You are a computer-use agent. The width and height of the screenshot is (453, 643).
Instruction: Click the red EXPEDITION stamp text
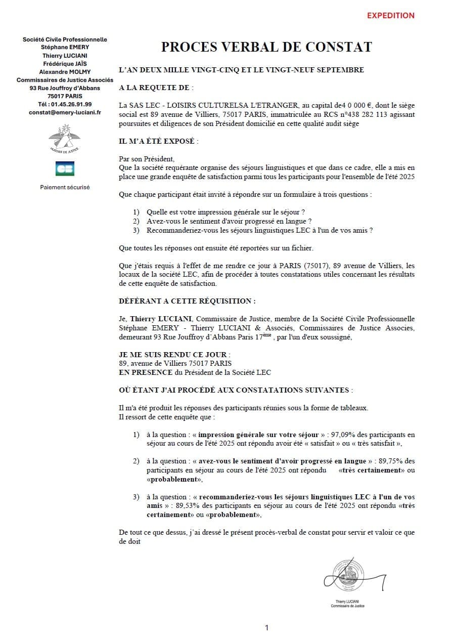click(x=390, y=16)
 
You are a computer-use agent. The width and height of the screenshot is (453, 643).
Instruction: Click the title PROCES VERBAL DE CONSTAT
click(x=266, y=47)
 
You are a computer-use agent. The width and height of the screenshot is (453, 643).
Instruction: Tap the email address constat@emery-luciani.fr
click(x=65, y=112)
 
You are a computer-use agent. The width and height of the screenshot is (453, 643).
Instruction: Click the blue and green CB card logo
click(x=65, y=168)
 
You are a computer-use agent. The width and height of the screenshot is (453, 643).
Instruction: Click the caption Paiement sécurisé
click(x=65, y=187)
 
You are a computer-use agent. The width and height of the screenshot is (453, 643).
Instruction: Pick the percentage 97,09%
click(x=342, y=435)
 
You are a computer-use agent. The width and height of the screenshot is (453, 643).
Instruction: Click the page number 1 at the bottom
click(x=266, y=628)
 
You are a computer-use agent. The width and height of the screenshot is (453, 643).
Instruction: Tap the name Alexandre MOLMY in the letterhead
click(x=65, y=72)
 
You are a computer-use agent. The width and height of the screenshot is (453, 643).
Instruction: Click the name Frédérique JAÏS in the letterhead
click(x=65, y=64)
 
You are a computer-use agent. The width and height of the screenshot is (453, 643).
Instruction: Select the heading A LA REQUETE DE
click(x=154, y=88)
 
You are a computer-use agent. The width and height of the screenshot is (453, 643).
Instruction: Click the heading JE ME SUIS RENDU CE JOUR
click(x=173, y=355)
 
